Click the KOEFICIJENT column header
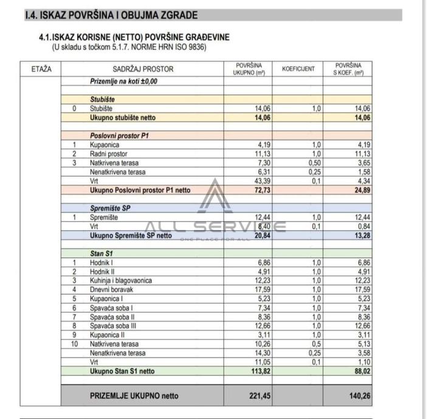[298, 69]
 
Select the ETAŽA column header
[41, 69]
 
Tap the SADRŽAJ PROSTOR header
[143, 69]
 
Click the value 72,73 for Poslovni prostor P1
[260, 190]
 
